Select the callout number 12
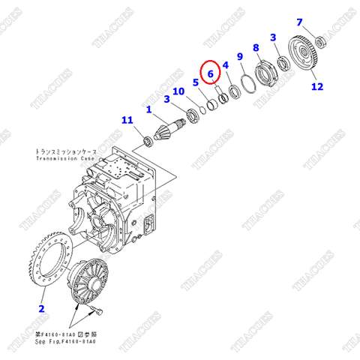[x=317, y=87]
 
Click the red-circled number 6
[x=211, y=73]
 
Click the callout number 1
[x=148, y=109]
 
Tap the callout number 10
[x=178, y=91]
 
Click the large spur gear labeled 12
[x=306, y=55]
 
